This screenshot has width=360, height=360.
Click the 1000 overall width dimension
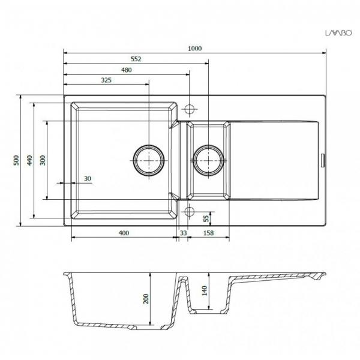[194, 49]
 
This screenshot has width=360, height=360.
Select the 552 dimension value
[135, 59]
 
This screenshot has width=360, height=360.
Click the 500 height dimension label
[17, 160]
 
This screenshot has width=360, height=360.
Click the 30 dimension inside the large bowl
[88, 179]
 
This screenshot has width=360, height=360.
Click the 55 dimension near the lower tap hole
[206, 218]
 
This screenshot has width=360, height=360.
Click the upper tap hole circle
[190, 109]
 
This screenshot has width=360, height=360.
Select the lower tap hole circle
[190, 211]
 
